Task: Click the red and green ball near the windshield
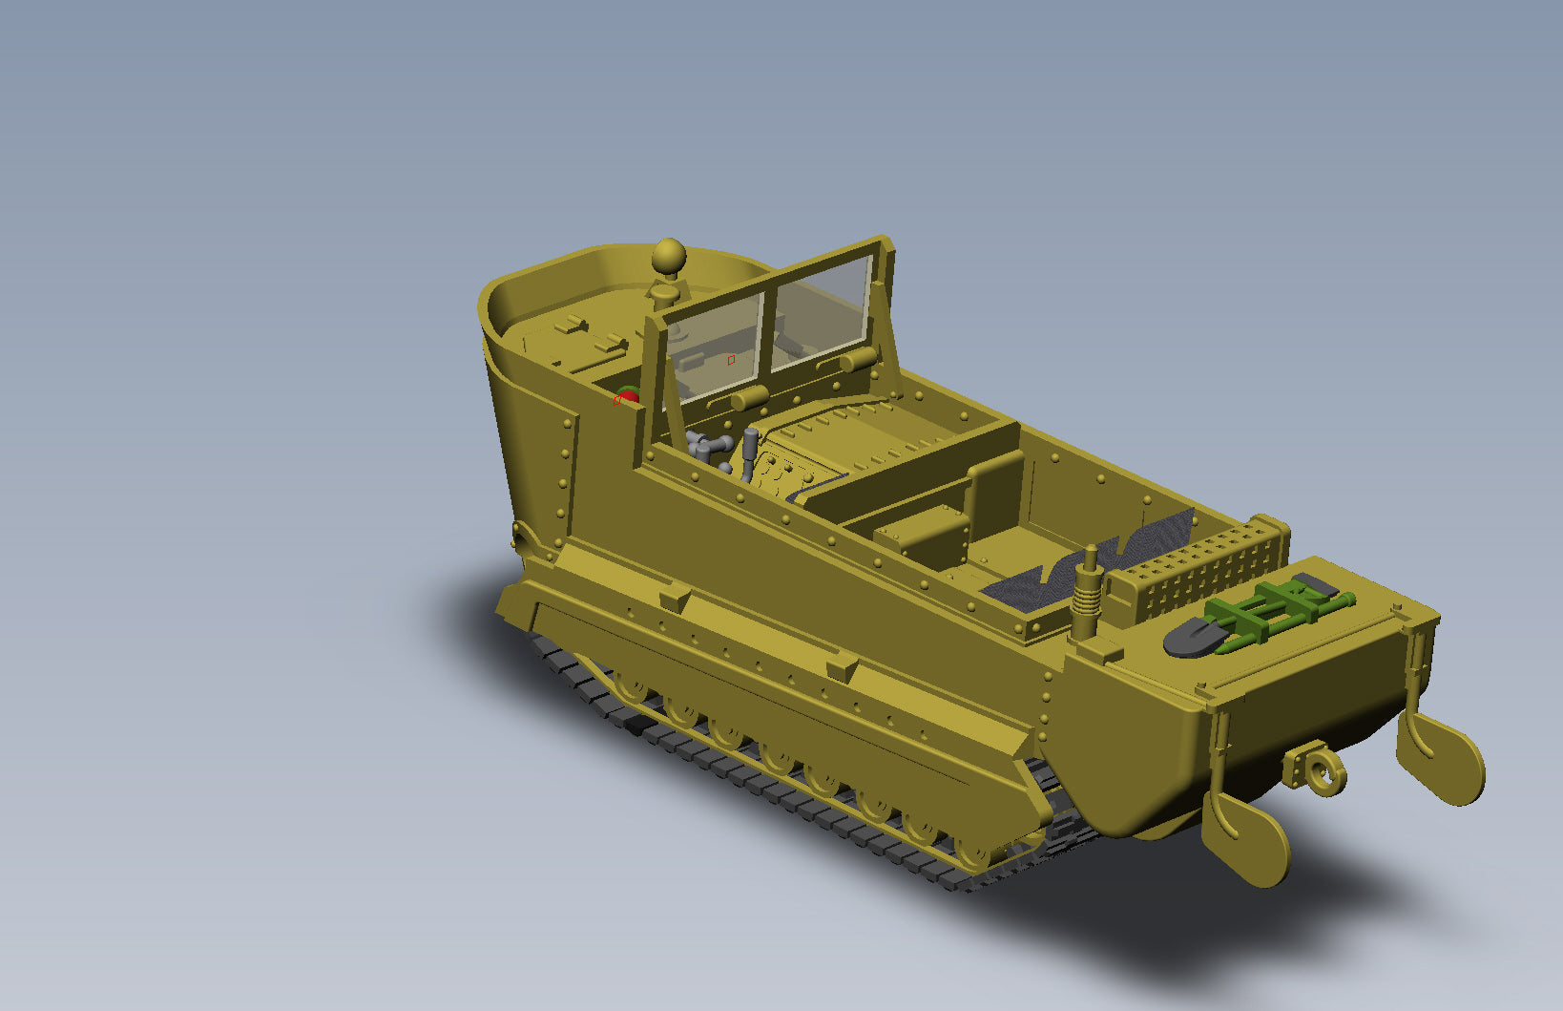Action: pyautogui.click(x=627, y=396)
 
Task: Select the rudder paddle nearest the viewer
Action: pyautogui.click(x=1245, y=840)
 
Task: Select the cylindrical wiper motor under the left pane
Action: pyautogui.click(x=750, y=398)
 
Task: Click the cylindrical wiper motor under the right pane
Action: pyautogui.click(x=858, y=360)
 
